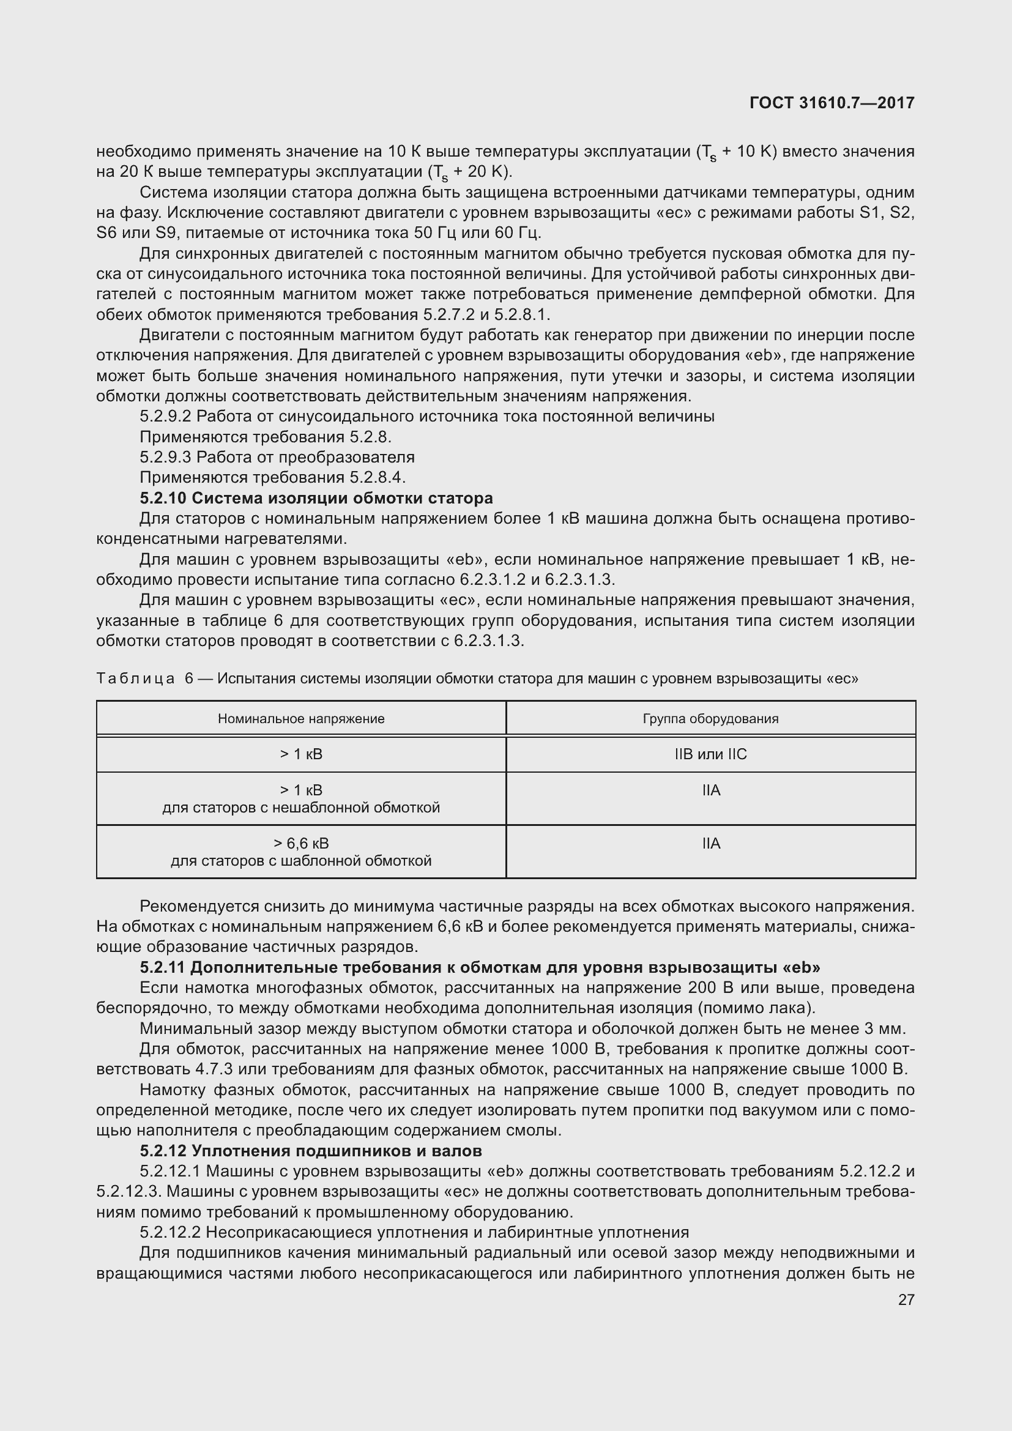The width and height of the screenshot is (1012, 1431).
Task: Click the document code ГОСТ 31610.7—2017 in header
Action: pyautogui.click(x=832, y=103)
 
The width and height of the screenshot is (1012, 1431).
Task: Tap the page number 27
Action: pyautogui.click(x=906, y=1299)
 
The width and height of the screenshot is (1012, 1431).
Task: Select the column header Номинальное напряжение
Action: pyautogui.click(x=301, y=719)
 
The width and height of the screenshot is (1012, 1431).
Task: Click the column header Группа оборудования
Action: pyautogui.click(x=710, y=719)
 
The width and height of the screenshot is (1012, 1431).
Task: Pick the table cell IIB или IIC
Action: pyautogui.click(x=710, y=754)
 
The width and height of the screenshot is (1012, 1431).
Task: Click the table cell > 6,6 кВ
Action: pyautogui.click(x=301, y=843)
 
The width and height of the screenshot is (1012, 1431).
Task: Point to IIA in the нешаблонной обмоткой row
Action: pyautogui.click(x=710, y=790)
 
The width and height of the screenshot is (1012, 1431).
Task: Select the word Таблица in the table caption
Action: pyautogui.click(x=135, y=678)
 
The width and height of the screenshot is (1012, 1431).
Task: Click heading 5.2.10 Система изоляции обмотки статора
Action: pyautogui.click(x=316, y=498)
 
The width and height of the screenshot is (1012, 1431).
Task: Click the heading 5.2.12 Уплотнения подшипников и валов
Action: pyautogui.click(x=310, y=1151)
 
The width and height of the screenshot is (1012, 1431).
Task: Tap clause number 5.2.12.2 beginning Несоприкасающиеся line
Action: pyautogui.click(x=169, y=1232)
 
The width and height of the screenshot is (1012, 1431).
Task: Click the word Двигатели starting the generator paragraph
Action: pyautogui.click(x=177, y=335)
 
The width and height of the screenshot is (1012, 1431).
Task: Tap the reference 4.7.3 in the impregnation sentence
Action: pyautogui.click(x=214, y=1069)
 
